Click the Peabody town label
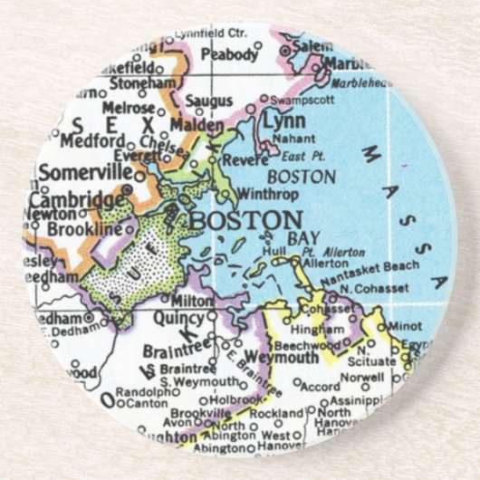228,53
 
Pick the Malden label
197,124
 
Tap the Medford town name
91,142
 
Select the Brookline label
83,230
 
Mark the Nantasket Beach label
379,266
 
